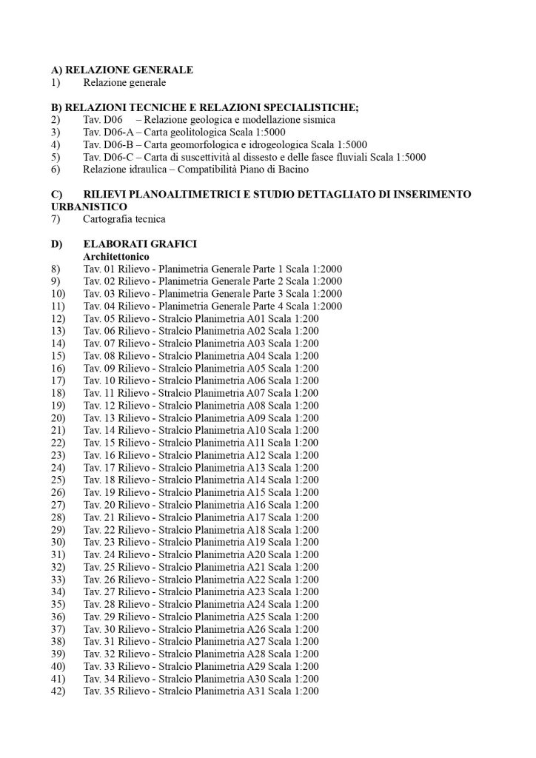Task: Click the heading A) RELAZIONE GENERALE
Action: coord(122,70)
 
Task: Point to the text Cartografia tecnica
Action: coord(124,219)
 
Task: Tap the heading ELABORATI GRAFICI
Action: coord(140,244)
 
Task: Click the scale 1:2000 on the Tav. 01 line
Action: coord(326,269)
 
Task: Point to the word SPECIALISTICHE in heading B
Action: coord(307,107)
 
